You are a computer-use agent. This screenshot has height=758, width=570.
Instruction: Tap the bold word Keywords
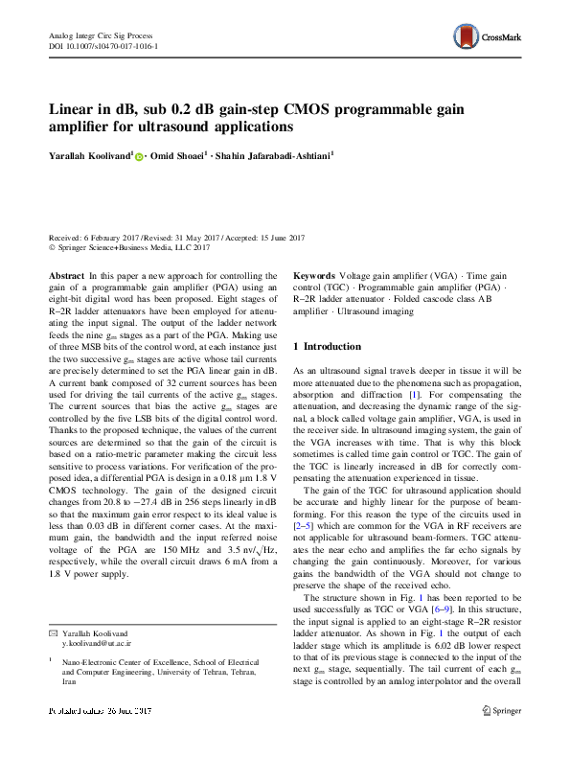click(314, 274)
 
